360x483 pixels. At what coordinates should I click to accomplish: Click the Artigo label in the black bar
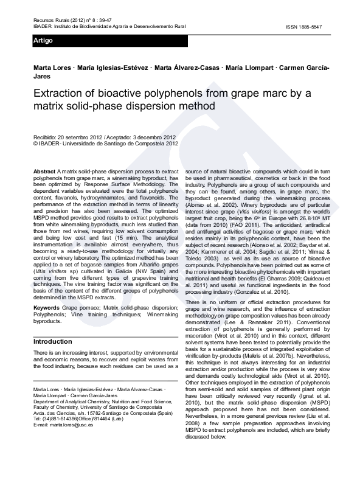click(x=44, y=41)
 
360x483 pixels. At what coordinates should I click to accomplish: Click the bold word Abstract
click(x=44, y=173)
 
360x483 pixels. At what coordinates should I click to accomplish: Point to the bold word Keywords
click(x=47, y=308)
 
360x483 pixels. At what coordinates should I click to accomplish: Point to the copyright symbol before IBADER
click(x=36, y=144)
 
